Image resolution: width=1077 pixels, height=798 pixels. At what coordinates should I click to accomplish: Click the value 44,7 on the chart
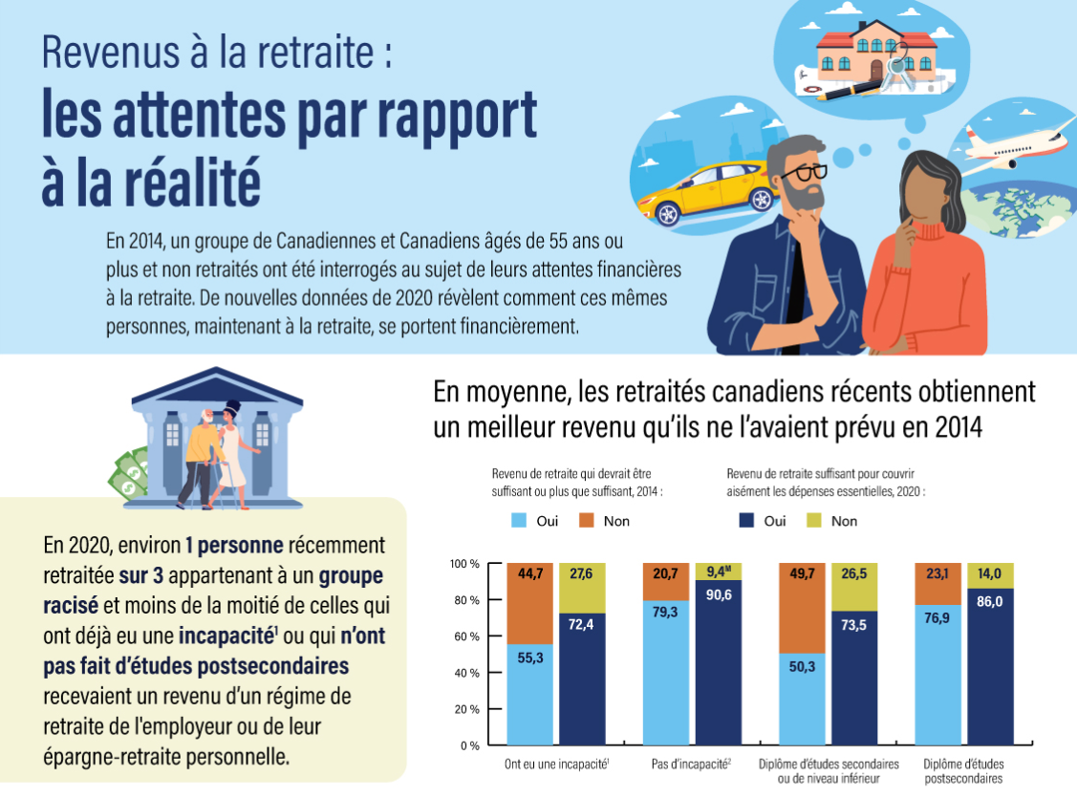click(x=529, y=574)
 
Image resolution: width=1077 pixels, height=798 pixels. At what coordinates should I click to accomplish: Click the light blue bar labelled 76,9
click(x=938, y=675)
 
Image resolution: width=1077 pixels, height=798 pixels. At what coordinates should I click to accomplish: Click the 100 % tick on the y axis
click(x=463, y=564)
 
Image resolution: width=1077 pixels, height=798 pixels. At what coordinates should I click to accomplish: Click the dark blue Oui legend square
click(x=747, y=521)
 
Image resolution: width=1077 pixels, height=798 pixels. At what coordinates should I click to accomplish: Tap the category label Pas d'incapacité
click(x=690, y=765)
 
